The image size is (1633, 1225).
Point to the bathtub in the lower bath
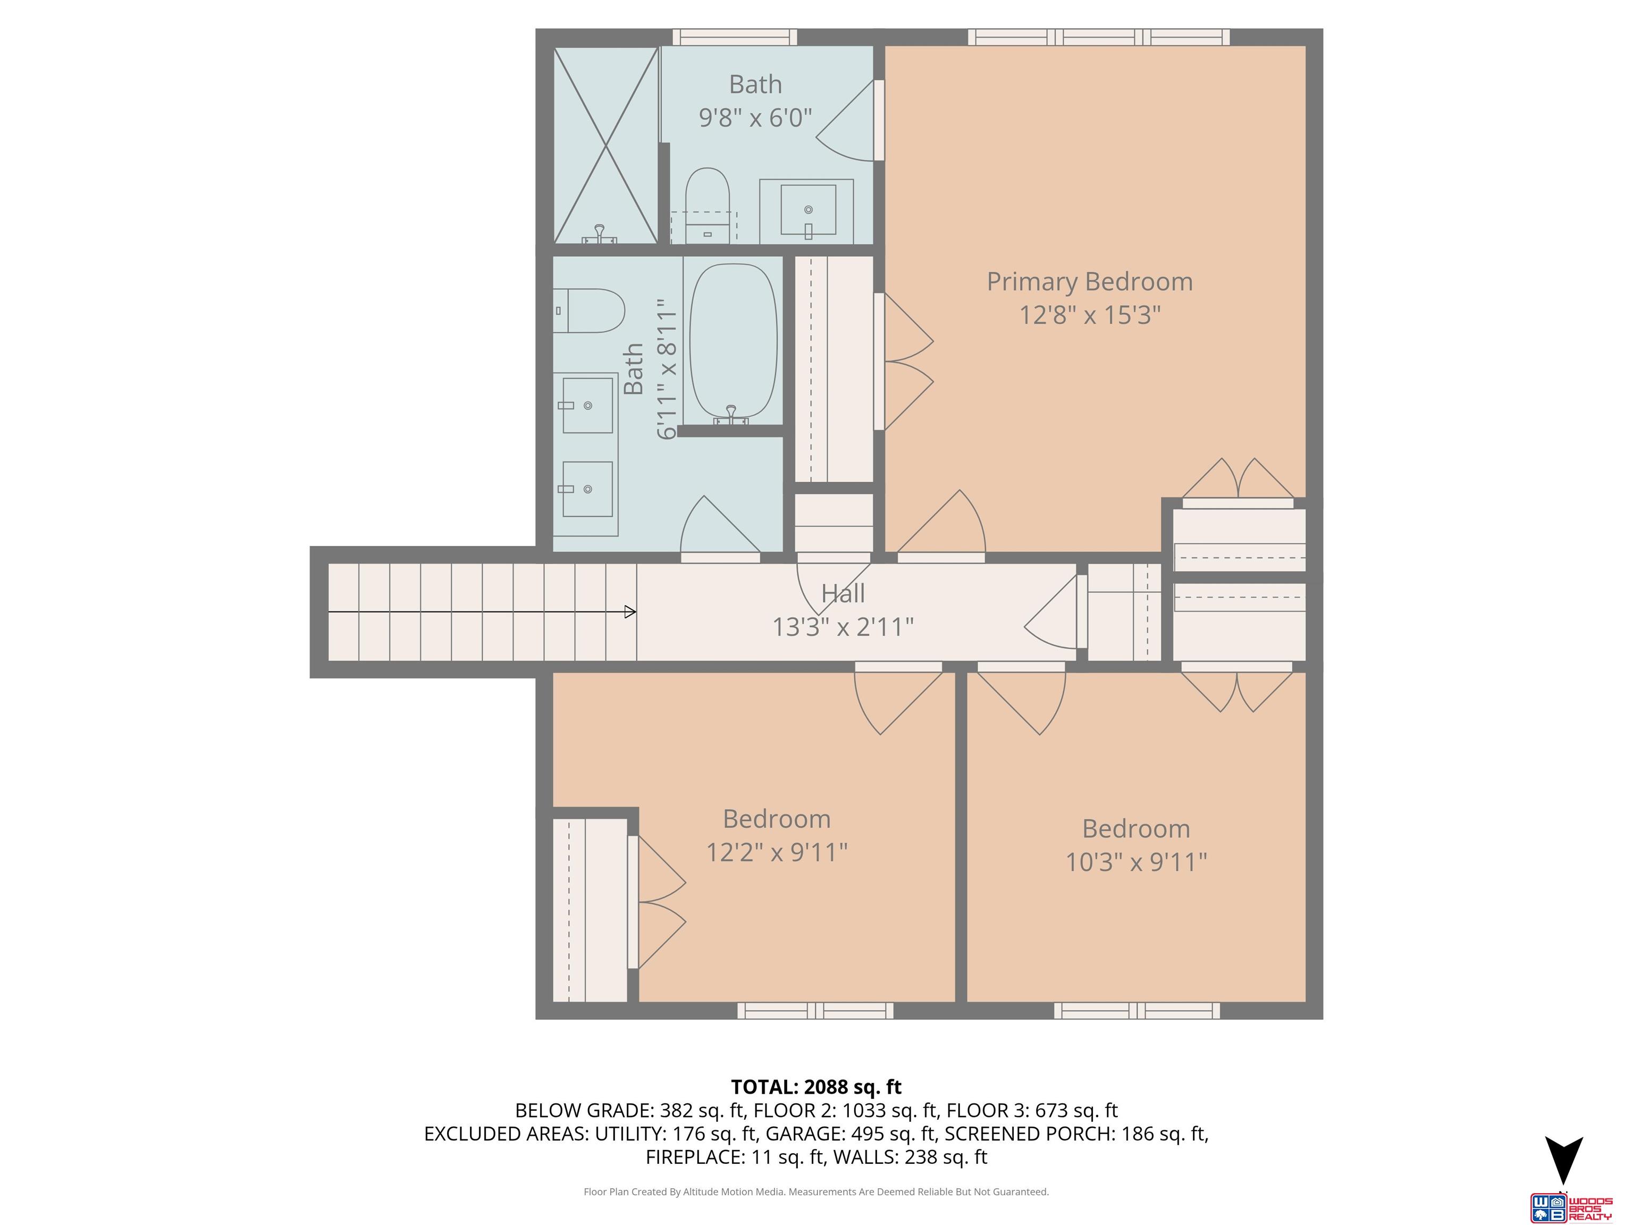[x=733, y=344]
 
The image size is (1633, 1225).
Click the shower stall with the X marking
[x=605, y=146]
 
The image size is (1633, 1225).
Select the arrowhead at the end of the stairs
[x=630, y=611]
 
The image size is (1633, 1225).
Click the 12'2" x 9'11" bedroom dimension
[x=776, y=853]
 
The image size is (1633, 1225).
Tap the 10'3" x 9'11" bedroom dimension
[x=1135, y=862]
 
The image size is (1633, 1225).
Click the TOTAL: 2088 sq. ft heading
[x=816, y=1087]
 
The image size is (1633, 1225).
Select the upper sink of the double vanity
[x=587, y=405]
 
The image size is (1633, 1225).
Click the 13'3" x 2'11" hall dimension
[x=843, y=627]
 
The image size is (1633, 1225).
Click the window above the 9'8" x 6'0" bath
[x=735, y=37]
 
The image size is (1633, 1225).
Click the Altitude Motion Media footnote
[x=816, y=1192]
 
